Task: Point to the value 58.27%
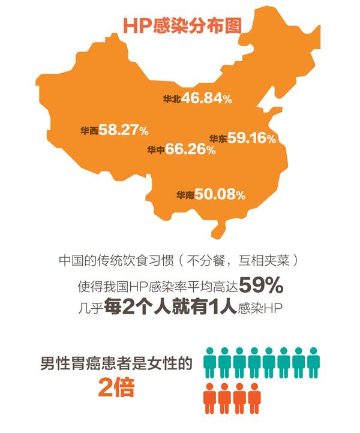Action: point(124,130)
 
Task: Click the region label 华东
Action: point(218,139)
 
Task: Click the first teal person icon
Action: point(210,359)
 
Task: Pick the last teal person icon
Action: point(313,359)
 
